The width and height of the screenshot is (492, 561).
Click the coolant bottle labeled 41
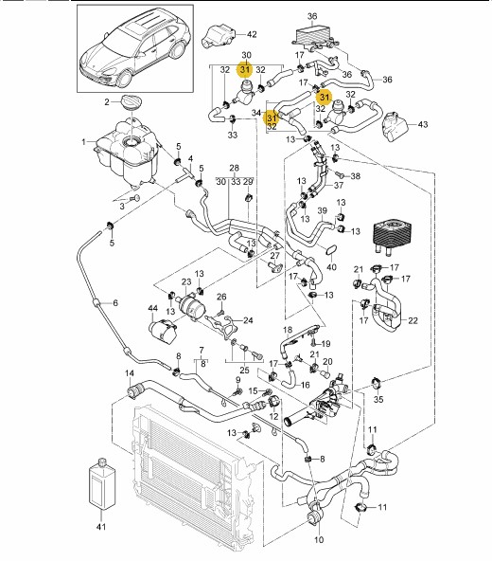point(102,482)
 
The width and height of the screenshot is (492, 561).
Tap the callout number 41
point(101,527)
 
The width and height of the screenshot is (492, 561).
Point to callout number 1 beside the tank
point(83,142)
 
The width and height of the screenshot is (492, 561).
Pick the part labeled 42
point(219,35)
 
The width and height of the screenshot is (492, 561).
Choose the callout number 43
point(423,124)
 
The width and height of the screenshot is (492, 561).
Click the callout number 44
point(153,308)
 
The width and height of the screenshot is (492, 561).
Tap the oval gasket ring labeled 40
point(331,250)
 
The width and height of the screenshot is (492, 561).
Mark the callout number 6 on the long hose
point(115,303)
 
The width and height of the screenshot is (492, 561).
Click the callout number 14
point(130,373)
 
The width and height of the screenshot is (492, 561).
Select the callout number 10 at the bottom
point(319,550)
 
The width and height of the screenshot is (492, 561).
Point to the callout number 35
point(378,399)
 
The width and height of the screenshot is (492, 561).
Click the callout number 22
point(413,320)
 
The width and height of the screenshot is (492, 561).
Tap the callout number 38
point(355,176)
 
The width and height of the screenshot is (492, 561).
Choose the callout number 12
point(273,416)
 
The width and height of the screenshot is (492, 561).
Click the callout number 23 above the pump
point(186,282)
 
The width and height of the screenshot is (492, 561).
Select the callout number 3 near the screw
point(122,207)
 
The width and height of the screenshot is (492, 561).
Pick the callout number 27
point(274,256)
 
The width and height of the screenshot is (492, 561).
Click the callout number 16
point(305,385)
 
